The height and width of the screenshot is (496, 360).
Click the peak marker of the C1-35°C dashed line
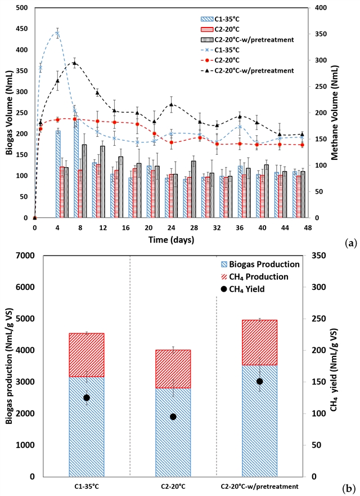pyautogui.click(x=57, y=34)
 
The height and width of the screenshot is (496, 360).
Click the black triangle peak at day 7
pyautogui.click(x=74, y=63)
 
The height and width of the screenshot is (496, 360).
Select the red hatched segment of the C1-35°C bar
pyautogui.click(x=87, y=355)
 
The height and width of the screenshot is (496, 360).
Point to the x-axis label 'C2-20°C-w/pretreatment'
pyautogui.click(x=259, y=486)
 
